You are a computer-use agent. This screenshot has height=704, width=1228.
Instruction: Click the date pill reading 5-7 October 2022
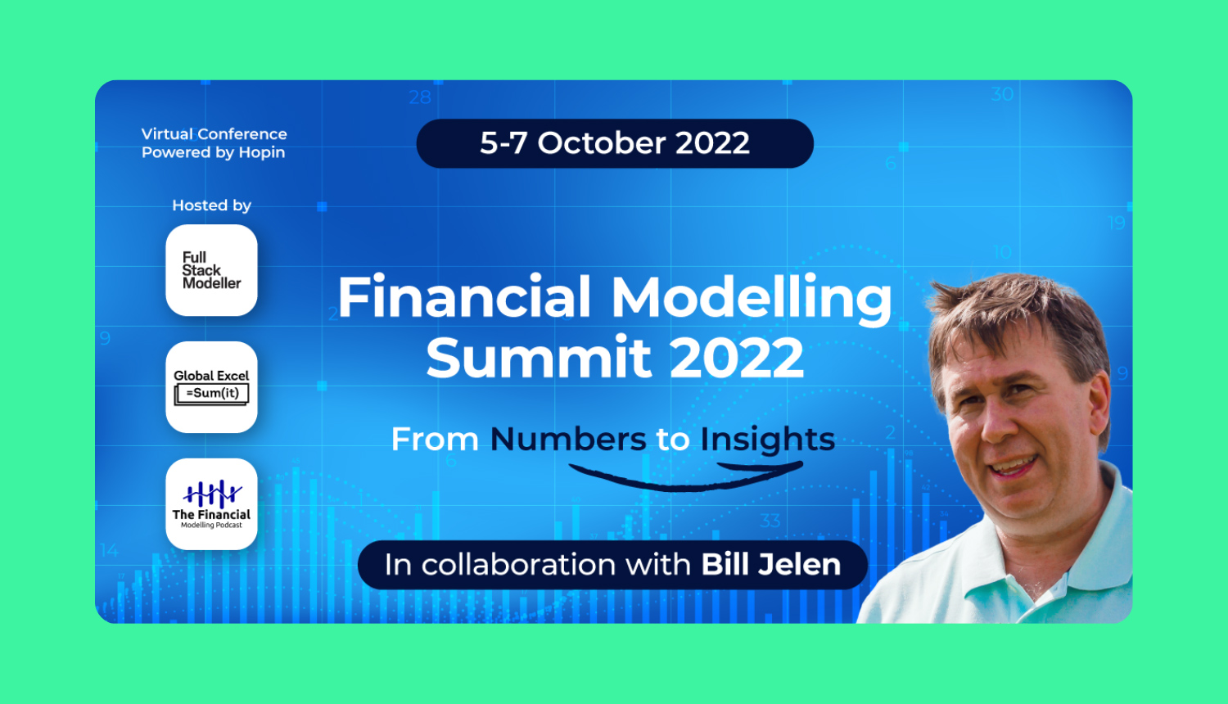click(615, 143)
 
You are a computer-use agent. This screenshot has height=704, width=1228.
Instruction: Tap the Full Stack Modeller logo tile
click(211, 270)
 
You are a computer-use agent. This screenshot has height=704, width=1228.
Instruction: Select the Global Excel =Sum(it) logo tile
click(211, 387)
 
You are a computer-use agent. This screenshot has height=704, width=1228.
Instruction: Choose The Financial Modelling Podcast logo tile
click(211, 504)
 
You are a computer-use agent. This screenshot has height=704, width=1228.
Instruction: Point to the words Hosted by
click(211, 205)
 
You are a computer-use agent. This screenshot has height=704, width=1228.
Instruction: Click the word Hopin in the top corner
click(262, 153)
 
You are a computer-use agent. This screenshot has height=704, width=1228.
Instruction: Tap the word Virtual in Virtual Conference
click(167, 134)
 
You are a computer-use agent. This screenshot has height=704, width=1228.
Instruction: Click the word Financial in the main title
click(464, 297)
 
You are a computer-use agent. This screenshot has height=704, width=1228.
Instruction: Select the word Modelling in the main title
click(751, 299)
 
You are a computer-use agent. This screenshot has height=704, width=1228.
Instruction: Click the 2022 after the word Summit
click(736, 359)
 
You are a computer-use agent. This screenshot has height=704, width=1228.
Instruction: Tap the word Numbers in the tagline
click(568, 440)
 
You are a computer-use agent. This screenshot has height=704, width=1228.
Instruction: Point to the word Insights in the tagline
click(767, 440)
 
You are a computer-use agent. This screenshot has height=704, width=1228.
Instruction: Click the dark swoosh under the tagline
click(686, 476)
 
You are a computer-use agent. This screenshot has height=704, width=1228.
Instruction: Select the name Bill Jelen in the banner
click(771, 565)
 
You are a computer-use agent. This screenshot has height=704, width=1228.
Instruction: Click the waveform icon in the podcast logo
click(212, 494)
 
